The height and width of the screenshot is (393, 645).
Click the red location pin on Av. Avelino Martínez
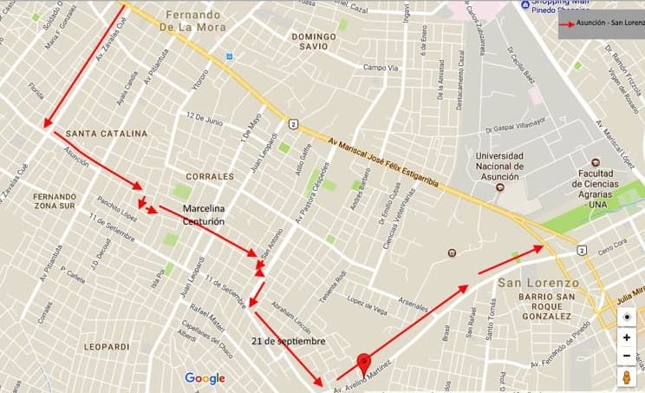pyautogui.click(x=365, y=362)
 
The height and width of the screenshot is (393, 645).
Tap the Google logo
pyautogui.click(x=205, y=378)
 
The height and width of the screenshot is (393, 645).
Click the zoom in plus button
pyautogui.click(x=626, y=337)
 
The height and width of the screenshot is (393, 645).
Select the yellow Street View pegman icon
pyautogui.click(x=626, y=377)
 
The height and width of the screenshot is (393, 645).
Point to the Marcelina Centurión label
pyautogui.click(x=202, y=215)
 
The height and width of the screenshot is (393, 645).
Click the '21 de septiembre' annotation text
pyautogui.click(x=290, y=341)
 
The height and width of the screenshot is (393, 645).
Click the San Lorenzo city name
pyautogui.click(x=538, y=283)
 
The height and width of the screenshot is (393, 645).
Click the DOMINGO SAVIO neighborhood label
pyautogui.click(x=313, y=43)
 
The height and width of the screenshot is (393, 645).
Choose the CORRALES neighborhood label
pyautogui.click(x=209, y=176)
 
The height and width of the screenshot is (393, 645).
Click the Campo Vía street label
pyautogui.click(x=380, y=68)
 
